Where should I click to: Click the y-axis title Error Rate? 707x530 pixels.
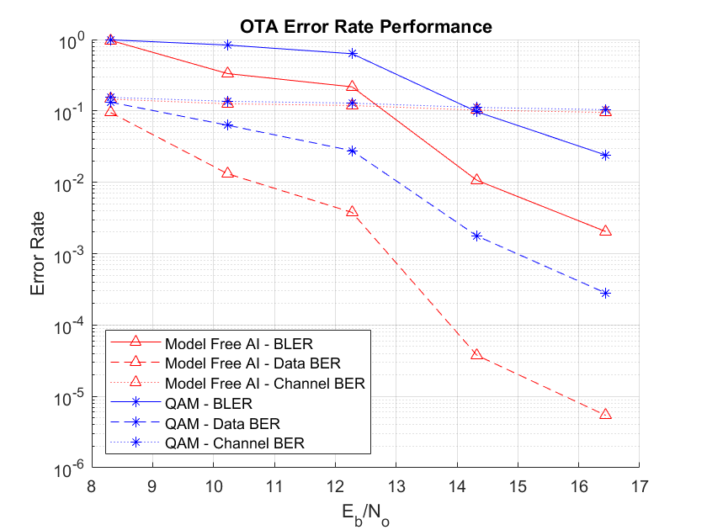(x=38, y=252)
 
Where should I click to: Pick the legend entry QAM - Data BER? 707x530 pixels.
(x=222, y=423)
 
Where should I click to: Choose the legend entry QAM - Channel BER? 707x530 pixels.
(x=235, y=443)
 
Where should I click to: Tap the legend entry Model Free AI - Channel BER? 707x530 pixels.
(x=265, y=383)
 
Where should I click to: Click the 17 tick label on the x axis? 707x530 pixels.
(x=639, y=486)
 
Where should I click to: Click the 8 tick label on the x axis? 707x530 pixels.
(x=92, y=486)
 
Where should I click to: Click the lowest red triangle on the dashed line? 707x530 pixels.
(x=605, y=414)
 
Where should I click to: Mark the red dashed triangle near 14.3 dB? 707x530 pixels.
(x=476, y=354)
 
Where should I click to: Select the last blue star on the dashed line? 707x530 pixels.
(x=605, y=293)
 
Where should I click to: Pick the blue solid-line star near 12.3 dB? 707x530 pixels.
(x=352, y=53)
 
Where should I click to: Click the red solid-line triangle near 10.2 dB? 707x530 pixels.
(x=227, y=73)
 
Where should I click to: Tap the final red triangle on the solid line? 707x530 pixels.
(x=605, y=231)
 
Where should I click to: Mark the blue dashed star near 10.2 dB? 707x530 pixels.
(x=227, y=125)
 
